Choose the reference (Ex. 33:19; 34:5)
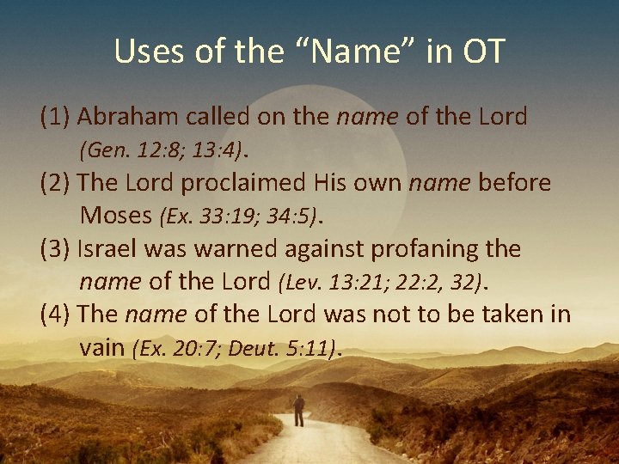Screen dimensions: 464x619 (239, 216)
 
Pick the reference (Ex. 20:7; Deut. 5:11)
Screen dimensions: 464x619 (232, 348)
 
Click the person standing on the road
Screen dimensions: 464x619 (298, 411)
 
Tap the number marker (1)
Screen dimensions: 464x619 (55, 117)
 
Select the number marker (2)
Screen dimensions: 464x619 (55, 183)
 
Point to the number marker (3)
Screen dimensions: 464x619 (55, 249)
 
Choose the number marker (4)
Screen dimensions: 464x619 (55, 314)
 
